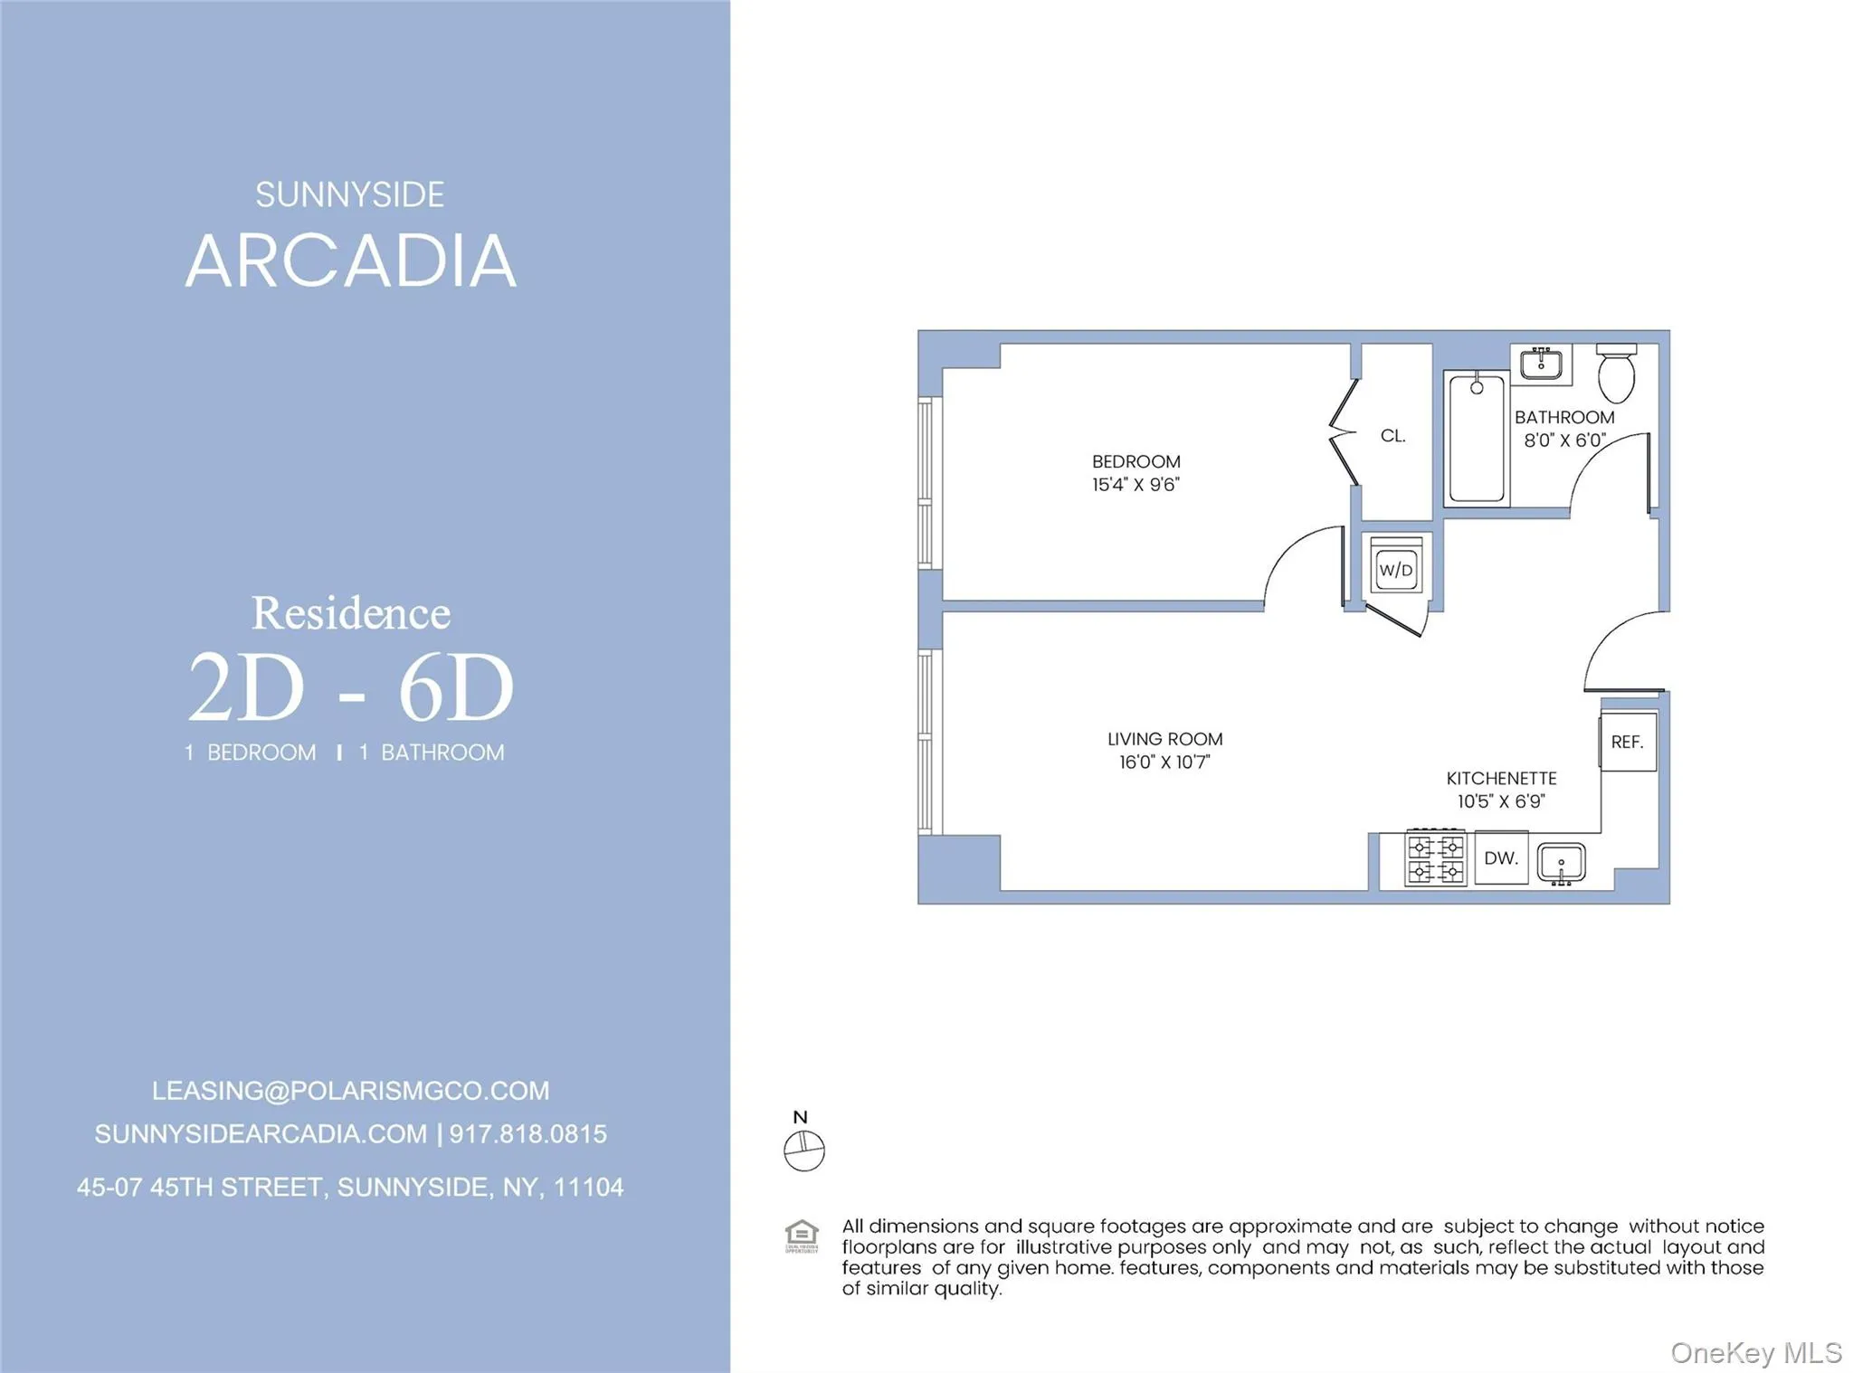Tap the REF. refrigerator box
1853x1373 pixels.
click(1627, 742)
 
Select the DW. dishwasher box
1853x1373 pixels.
click(1501, 857)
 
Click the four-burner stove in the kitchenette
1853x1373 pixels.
click(1435, 857)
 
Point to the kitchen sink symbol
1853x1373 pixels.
click(1562, 862)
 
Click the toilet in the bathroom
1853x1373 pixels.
click(1616, 373)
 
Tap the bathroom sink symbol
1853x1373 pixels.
click(1541, 364)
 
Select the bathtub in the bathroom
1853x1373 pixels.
click(1477, 439)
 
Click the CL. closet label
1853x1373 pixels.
click(1393, 436)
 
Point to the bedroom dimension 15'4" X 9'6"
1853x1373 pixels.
click(1136, 485)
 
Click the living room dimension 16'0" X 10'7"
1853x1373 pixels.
click(1164, 762)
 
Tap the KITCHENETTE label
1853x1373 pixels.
click(1501, 778)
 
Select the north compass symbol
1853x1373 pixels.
click(803, 1150)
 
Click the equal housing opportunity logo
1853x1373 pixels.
click(802, 1236)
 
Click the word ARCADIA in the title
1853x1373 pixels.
click(351, 261)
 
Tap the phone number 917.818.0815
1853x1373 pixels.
click(528, 1134)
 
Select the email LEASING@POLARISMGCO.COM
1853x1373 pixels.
click(350, 1091)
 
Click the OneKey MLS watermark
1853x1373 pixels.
click(1755, 1352)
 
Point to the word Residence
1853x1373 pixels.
click(351, 613)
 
